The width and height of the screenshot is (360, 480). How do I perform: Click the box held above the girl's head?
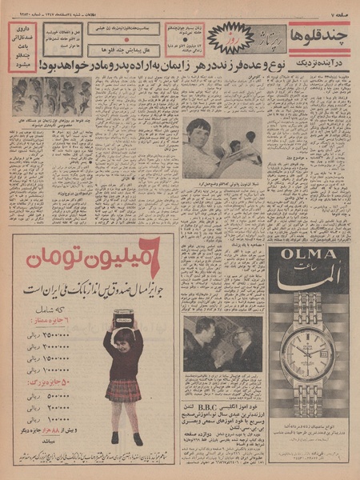[122, 316]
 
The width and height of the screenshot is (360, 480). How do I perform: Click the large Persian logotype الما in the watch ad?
[307, 287]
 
